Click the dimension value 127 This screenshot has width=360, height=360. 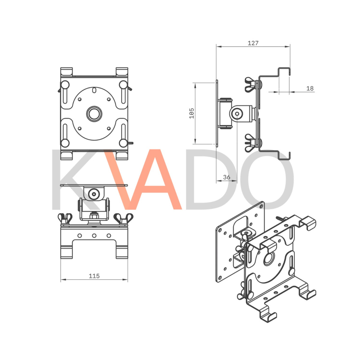pos(253,43)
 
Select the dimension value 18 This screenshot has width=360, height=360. pos(310,88)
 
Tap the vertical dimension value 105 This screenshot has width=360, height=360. pos(192,113)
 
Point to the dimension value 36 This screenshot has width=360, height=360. pos(226,177)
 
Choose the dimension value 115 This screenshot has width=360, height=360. pos(94,276)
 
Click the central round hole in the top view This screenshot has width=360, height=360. pos(94,113)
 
